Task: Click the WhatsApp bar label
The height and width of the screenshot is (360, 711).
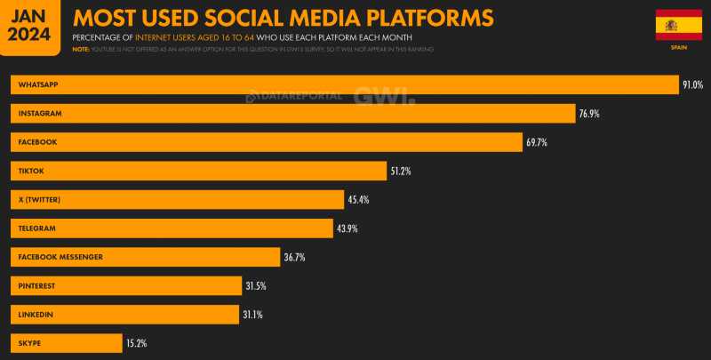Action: (38, 84)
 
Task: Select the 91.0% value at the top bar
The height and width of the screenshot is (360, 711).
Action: (692, 85)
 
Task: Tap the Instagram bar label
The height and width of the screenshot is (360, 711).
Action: (40, 114)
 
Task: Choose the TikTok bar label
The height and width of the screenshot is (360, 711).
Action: (31, 171)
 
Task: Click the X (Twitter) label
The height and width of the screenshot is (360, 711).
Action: (39, 199)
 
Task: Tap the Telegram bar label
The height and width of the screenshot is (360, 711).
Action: (37, 228)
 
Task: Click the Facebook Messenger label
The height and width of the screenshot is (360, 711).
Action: (60, 257)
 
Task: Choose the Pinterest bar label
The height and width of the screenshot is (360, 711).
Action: (38, 285)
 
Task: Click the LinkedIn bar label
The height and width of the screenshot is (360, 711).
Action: (36, 315)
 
